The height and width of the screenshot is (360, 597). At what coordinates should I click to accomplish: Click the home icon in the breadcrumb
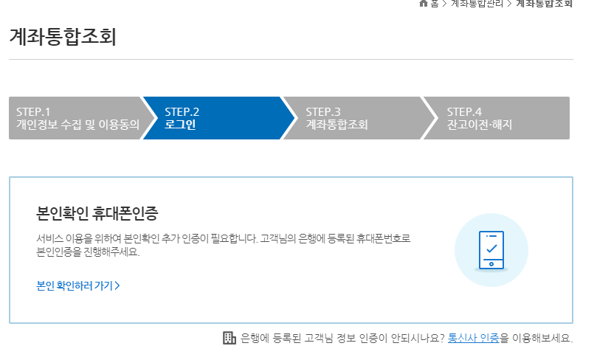[x=424, y=3]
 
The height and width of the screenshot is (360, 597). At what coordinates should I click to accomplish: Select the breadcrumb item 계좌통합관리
[x=477, y=3]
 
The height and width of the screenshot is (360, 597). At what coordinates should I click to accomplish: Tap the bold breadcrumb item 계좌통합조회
[x=544, y=3]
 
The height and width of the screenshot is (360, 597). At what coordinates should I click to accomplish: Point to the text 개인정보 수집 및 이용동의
[x=77, y=125]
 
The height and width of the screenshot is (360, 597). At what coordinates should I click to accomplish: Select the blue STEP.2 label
[x=182, y=111]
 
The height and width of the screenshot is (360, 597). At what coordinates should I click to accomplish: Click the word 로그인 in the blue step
[x=180, y=125]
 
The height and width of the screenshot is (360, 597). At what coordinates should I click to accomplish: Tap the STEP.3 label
[x=323, y=111]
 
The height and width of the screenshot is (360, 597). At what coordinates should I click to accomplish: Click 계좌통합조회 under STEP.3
[x=337, y=125]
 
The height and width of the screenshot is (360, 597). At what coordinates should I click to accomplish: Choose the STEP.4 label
[x=464, y=111]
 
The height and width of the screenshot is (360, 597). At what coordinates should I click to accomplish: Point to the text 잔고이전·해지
[x=479, y=125]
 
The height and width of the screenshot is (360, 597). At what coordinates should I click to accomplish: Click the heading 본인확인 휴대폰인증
[x=97, y=214]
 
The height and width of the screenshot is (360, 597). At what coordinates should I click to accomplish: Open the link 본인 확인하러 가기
[x=75, y=285]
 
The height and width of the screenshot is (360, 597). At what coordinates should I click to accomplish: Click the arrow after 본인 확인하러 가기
[x=117, y=285]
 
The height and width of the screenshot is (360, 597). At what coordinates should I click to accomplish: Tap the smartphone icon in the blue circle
[x=491, y=249]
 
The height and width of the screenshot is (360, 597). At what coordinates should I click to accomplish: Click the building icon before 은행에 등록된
[x=230, y=338]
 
